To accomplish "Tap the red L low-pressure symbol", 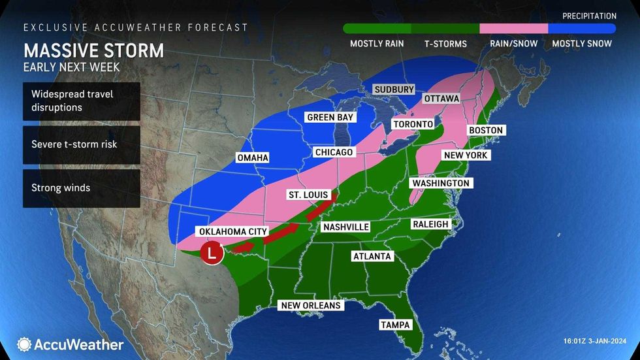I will pyautogui.click(x=211, y=252).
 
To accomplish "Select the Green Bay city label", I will pyautogui.click(x=330, y=118).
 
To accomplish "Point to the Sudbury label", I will pyautogui.click(x=394, y=90).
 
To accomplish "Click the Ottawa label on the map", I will pyautogui.click(x=441, y=99).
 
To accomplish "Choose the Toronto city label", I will pyautogui.click(x=413, y=124).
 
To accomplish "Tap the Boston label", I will pyautogui.click(x=486, y=130).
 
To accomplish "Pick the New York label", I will pyautogui.click(x=466, y=155).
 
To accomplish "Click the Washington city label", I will pyautogui.click(x=440, y=184).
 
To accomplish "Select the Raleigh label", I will pyautogui.click(x=430, y=224).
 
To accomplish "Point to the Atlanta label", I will pyautogui.click(x=372, y=256).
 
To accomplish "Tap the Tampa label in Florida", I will pyautogui.click(x=395, y=325).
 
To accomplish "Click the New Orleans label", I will pyautogui.click(x=311, y=305).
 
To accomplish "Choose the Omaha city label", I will pyautogui.click(x=253, y=157).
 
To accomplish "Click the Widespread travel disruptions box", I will pyautogui.click(x=82, y=101).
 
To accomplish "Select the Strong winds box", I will pyautogui.click(x=82, y=188).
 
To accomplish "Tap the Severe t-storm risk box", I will pyautogui.click(x=82, y=144).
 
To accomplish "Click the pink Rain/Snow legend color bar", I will pyautogui.click(x=513, y=29).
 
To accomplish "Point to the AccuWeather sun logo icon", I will pyautogui.click(x=24, y=344).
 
